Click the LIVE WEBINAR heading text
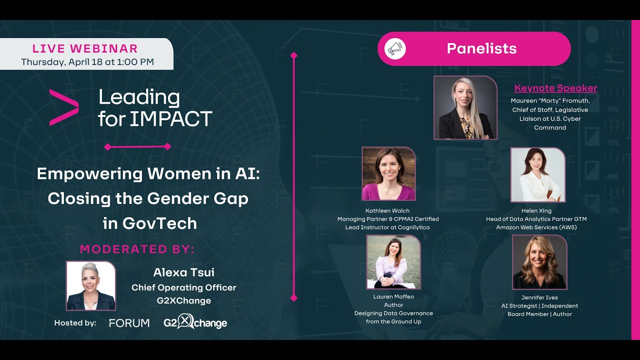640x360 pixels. tap(85, 48)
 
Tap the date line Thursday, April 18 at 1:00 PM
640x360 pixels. tap(87, 62)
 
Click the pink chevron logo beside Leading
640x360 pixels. tap(64, 107)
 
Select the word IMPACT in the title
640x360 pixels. tap(171, 119)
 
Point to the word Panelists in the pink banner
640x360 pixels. tap(481, 48)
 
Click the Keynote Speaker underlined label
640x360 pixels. tap(555, 88)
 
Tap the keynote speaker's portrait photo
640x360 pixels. tap(465, 107)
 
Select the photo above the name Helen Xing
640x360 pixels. tap(537, 174)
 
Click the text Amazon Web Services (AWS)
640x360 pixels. tap(536, 227)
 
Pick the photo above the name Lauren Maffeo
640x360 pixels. tap(393, 262)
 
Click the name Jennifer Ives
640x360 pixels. tap(539, 297)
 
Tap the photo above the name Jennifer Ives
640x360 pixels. tap(539, 262)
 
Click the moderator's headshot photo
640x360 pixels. tap(91, 285)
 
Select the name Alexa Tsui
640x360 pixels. tap(183, 272)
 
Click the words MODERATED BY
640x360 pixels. tap(137, 249)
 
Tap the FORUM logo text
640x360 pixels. tap(129, 323)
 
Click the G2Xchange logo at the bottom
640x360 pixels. tap(195, 323)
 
